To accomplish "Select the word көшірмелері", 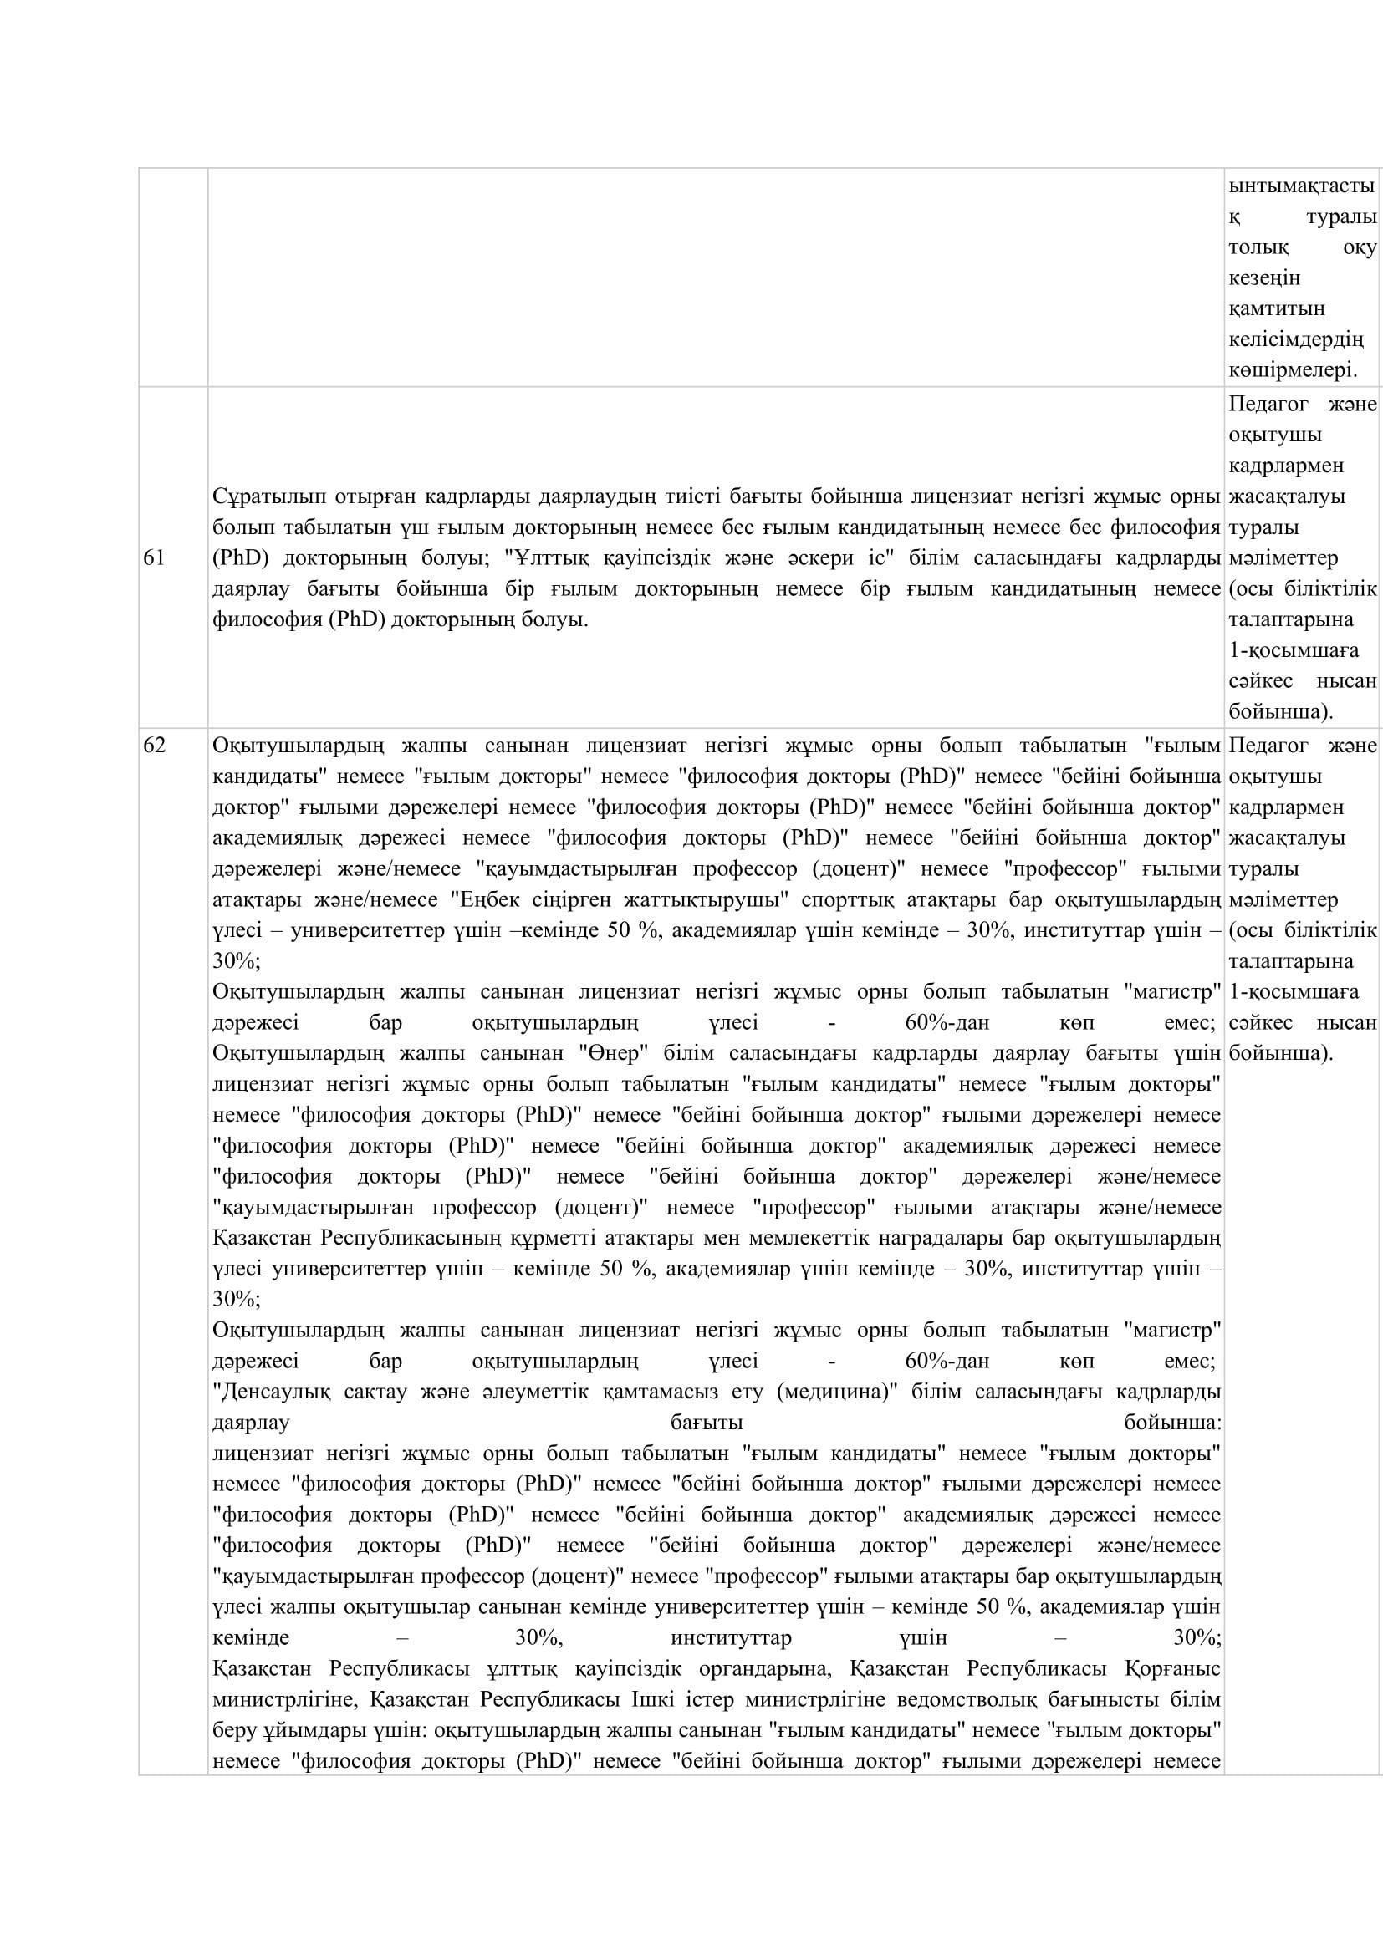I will pyautogui.click(x=1293, y=370).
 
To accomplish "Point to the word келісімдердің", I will pyautogui.click(x=1296, y=339).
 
